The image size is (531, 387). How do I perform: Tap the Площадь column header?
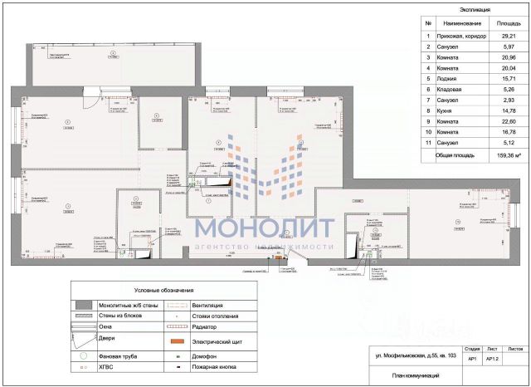tap(498, 24)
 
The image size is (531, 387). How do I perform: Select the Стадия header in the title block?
tap(471, 350)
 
